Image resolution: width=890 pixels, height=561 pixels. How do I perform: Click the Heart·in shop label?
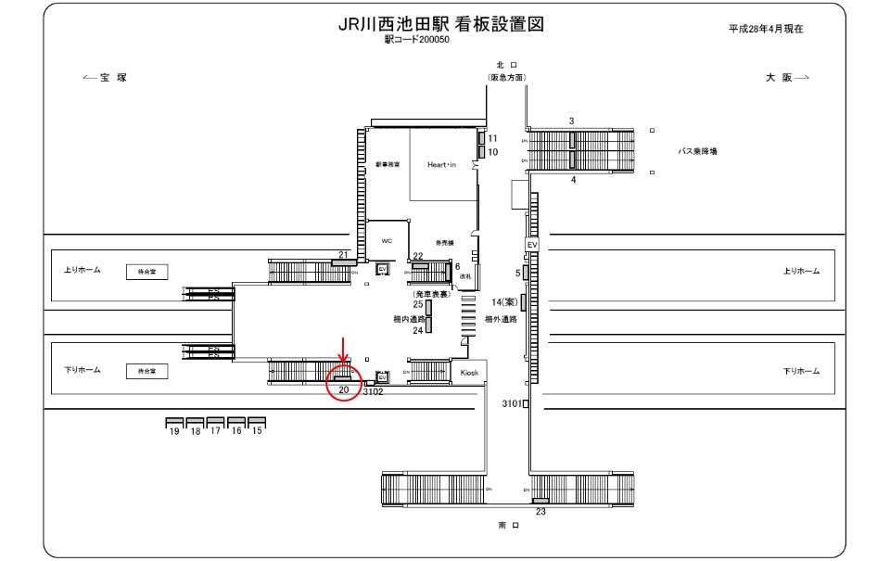pos(443,164)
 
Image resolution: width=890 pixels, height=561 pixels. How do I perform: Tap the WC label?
pos(388,240)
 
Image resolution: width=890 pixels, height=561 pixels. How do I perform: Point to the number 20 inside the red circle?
pos(343,390)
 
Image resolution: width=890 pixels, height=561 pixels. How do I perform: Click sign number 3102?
pos(373,391)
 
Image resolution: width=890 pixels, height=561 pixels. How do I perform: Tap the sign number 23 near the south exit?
pos(540,511)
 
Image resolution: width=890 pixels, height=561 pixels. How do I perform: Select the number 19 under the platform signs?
pos(173,431)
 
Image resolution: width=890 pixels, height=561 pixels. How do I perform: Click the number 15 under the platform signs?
pos(257,431)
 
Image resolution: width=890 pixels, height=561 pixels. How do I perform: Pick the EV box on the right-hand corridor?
pos(531,244)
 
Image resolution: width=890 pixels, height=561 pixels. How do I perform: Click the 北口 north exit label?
pos(507,65)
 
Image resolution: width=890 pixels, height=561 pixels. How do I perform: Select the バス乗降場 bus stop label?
pos(697,150)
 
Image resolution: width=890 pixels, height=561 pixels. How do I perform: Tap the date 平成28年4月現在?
pos(766,29)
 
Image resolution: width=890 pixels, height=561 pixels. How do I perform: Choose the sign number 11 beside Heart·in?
pos(492,137)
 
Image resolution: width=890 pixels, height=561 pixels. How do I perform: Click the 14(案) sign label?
pos(503,302)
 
